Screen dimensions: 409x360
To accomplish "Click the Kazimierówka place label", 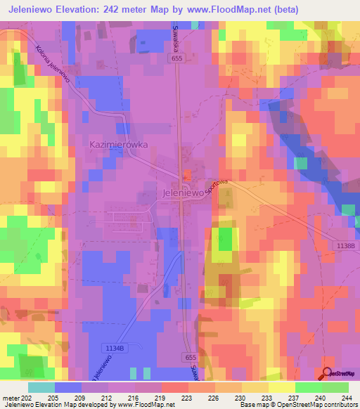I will tap(117, 144).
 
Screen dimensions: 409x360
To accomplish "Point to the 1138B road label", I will tap(345, 244).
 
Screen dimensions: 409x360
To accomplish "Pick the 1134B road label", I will tap(112, 347).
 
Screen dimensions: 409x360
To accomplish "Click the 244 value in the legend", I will tap(345, 398).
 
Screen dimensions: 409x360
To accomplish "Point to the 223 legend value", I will tap(187, 398).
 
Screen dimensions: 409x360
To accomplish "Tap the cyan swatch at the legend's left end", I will tap(41, 387).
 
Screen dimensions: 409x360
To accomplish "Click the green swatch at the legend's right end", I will tap(335, 387).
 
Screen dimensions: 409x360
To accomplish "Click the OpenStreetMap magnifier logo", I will tap(328, 374).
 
